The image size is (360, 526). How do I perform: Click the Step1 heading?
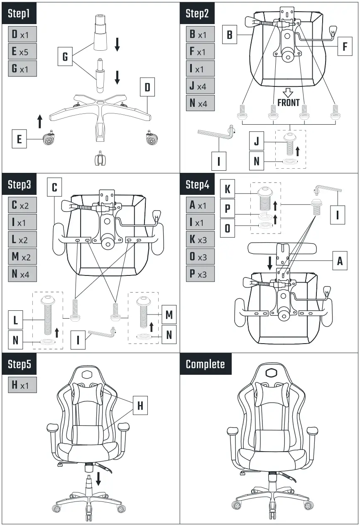(20, 14)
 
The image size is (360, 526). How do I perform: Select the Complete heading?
(206, 364)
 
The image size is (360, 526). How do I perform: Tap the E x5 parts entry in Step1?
(22, 51)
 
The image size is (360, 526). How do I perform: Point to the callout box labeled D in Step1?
(147, 88)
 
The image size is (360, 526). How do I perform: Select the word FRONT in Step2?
(288, 102)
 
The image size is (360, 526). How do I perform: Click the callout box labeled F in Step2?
(344, 47)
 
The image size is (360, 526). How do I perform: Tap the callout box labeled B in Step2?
(229, 35)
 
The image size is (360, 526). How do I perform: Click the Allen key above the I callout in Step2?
(216, 133)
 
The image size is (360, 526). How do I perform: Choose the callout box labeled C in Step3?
(54, 187)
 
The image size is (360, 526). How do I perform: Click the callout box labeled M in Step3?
(169, 315)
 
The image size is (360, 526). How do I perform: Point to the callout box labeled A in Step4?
(340, 261)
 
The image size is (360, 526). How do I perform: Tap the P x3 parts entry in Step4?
(200, 274)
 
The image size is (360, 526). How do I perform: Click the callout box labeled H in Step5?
(140, 406)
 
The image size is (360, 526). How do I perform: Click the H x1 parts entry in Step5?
(22, 385)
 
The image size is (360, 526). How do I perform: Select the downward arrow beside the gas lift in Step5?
(98, 479)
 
